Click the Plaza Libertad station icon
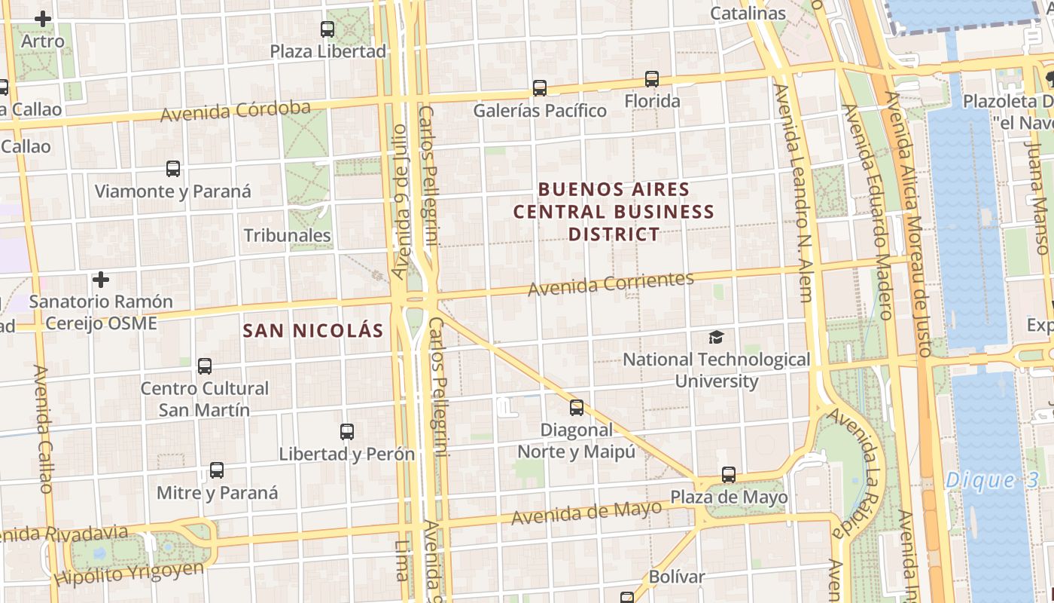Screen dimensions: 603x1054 [327, 29]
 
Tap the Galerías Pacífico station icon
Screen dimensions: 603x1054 [540, 87]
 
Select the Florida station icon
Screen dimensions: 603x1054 [652, 78]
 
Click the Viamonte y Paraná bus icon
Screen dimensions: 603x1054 [173, 169]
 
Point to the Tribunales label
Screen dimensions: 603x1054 [288, 235]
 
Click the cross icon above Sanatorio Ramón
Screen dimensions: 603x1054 [101, 280]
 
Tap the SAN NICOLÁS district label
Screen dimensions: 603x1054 [313, 330]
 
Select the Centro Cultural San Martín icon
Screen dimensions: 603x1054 [205, 366]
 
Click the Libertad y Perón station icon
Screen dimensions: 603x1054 [347, 432]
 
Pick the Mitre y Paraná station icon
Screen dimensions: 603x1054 [217, 470]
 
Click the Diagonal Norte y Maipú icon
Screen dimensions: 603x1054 [577, 408]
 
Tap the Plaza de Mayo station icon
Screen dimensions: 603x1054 [729, 475]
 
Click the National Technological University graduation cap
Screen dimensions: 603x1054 [716, 337]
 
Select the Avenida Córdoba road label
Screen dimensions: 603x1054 [235, 111]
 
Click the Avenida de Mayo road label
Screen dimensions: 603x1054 [586, 513]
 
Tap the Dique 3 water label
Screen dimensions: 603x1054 [992, 479]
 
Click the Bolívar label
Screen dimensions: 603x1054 [677, 577]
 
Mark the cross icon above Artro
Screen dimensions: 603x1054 [44, 19]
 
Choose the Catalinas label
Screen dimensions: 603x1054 [748, 13]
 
